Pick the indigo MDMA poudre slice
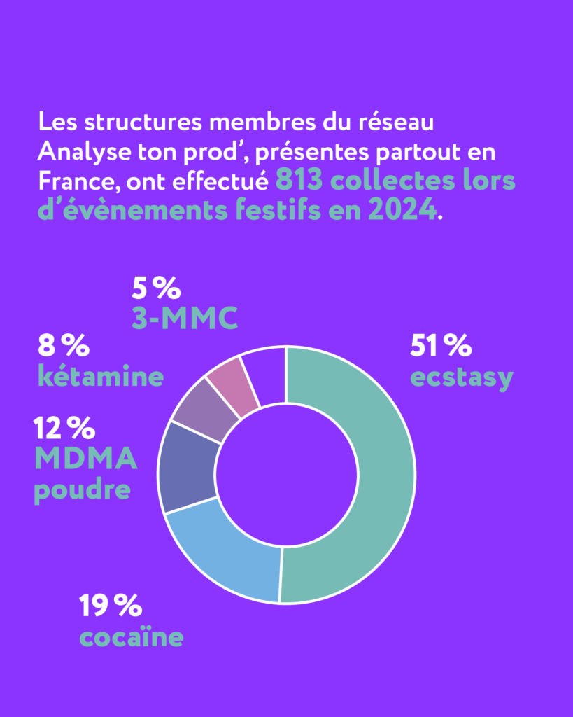(188, 466)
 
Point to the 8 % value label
(64, 345)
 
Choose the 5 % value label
(157, 288)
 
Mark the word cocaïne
(131, 638)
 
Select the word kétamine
(101, 377)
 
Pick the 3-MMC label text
(185, 319)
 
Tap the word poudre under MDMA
(82, 489)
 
